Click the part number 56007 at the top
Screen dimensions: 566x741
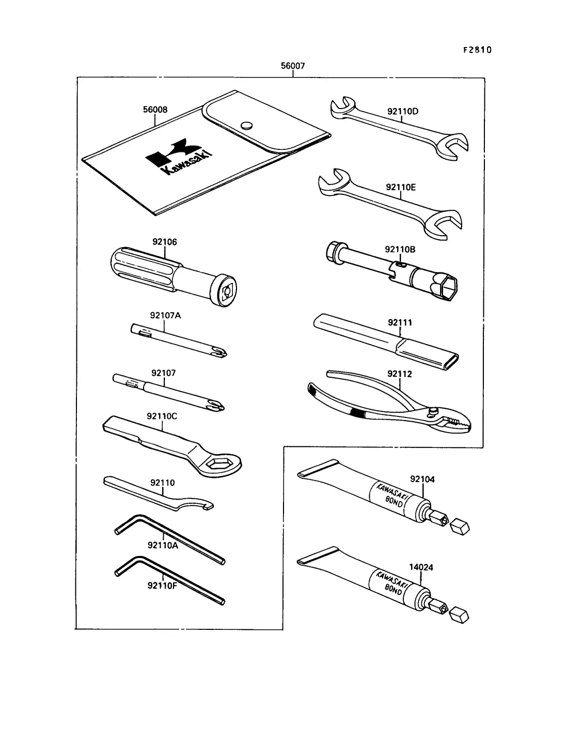tap(293, 66)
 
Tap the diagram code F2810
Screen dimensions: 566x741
tap(477, 50)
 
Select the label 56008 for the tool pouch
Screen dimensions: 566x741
tap(155, 110)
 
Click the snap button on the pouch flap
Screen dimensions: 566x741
tap(247, 126)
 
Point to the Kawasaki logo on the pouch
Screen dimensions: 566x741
tap(179, 156)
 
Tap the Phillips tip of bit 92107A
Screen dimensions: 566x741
tap(221, 353)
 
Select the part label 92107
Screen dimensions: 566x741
tap(164, 373)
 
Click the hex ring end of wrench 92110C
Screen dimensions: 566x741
tap(219, 465)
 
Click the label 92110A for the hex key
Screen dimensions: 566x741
tap(163, 545)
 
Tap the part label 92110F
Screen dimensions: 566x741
tap(162, 585)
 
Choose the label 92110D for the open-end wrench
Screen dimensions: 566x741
tap(403, 112)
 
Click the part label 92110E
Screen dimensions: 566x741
tap(401, 188)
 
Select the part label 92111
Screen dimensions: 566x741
tap(400, 323)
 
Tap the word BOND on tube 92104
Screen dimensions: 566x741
tap(394, 501)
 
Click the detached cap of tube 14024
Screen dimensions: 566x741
tap(460, 616)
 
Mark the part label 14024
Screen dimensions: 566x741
tap(421, 567)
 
